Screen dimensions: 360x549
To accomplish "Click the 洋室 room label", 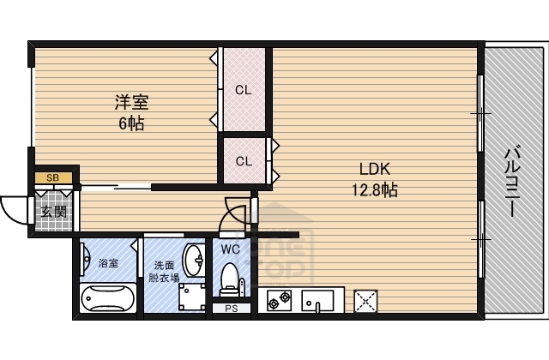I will (132, 103).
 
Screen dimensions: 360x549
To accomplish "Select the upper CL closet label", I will (244, 89).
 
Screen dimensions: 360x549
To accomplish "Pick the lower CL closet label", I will (244, 160).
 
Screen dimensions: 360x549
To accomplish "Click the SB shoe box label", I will (52, 178).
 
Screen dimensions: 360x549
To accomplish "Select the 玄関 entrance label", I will (53, 211).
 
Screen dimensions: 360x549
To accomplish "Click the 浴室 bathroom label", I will (108, 264).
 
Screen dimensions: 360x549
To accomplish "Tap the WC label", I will (231, 249).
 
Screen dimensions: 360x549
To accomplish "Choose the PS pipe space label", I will (231, 308).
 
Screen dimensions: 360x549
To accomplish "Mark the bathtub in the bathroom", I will (107, 300).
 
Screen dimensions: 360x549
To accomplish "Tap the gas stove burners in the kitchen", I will (280, 301).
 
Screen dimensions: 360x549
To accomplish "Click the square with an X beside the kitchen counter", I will (366, 301).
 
